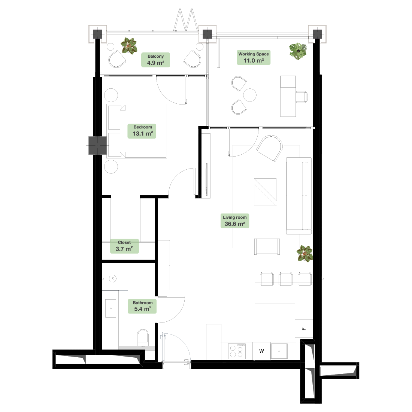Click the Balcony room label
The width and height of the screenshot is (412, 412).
(x=155, y=60)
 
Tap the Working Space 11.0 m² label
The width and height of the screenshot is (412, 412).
(x=254, y=57)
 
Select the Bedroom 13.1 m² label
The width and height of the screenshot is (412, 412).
(x=142, y=131)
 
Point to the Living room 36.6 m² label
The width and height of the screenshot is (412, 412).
(x=234, y=221)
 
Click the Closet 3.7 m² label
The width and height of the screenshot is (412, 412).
(x=124, y=246)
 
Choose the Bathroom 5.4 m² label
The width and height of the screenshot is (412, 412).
(x=142, y=306)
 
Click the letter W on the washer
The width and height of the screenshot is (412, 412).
(x=261, y=351)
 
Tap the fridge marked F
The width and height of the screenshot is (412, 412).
(x=303, y=329)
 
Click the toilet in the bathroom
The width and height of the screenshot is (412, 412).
(x=143, y=337)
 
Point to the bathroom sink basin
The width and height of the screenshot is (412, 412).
(x=110, y=308)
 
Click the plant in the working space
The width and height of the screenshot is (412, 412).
(x=298, y=51)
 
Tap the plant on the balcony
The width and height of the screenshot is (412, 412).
(x=129, y=46)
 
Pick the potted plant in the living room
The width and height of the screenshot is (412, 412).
(x=305, y=254)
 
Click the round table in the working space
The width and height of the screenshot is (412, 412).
(x=249, y=95)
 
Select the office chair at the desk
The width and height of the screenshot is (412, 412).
(x=302, y=97)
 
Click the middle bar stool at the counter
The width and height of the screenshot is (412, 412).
(x=286, y=279)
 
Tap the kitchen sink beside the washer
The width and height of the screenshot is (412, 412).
(x=279, y=351)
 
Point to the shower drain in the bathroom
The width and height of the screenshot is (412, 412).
(x=113, y=279)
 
